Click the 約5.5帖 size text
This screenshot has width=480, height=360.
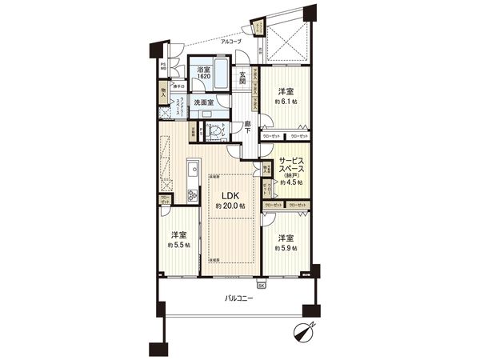[179, 245]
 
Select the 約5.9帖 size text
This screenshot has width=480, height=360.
[286, 249]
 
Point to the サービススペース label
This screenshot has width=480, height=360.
[293, 166]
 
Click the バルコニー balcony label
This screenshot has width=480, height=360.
[236, 298]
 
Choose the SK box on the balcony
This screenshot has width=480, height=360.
[261, 285]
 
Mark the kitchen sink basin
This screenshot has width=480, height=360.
[192, 171]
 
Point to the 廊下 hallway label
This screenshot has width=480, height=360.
[249, 126]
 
